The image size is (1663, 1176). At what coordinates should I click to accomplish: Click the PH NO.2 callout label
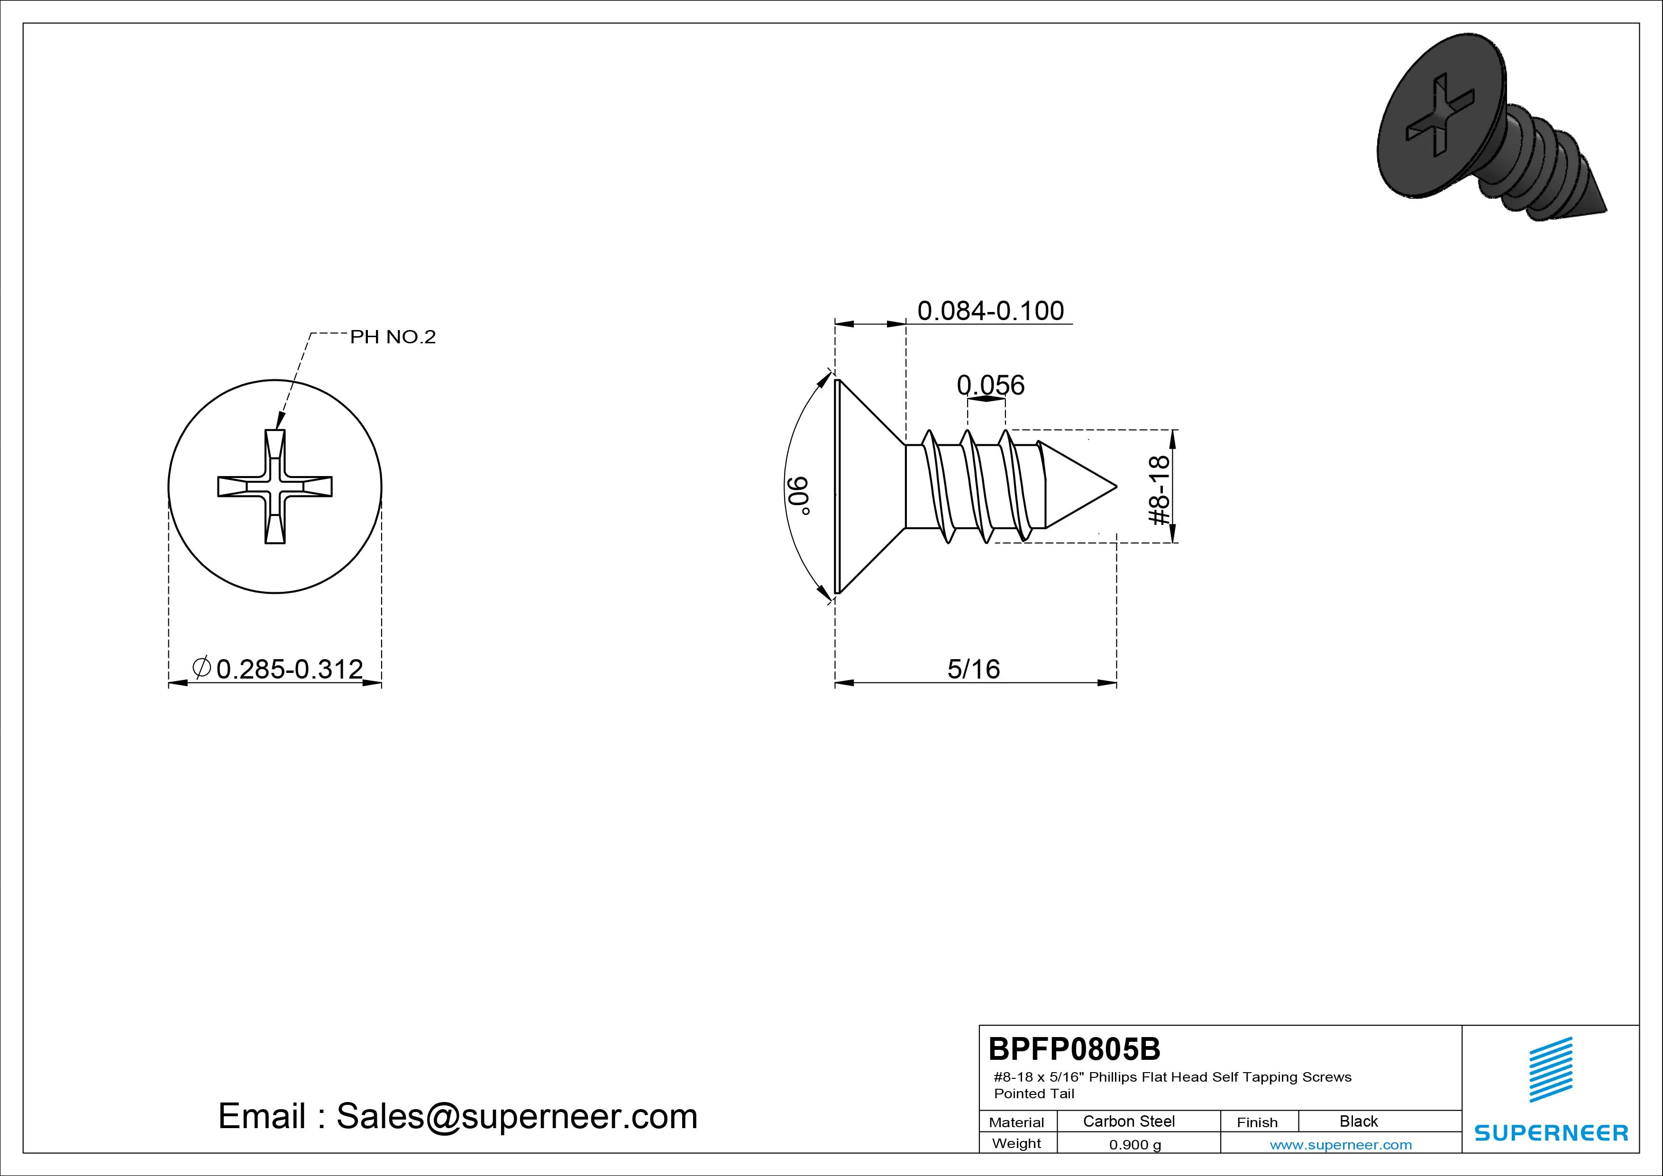coord(393,337)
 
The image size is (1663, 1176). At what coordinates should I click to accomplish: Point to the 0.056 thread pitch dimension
coord(990,385)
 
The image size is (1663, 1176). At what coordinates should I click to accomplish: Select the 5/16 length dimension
coord(973,669)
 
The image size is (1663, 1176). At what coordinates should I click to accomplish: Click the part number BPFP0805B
coord(1074,1048)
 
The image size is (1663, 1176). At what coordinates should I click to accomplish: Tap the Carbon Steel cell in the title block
coord(1128,1121)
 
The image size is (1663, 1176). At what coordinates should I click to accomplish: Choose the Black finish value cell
coord(1359,1121)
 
